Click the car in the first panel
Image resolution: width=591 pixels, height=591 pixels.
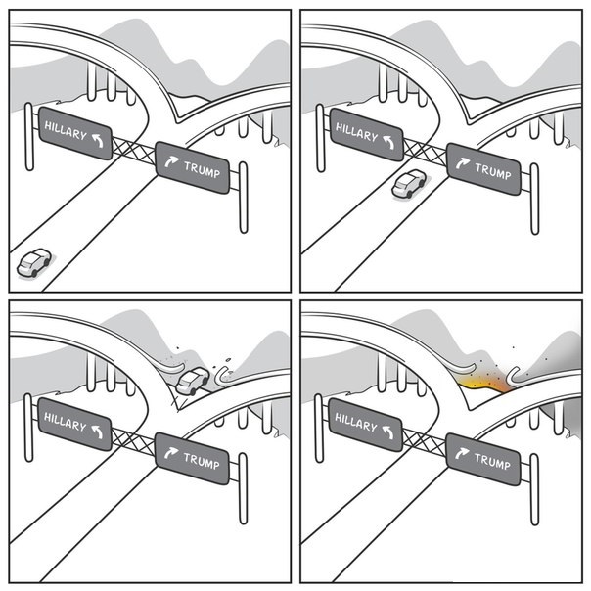click(x=34, y=262)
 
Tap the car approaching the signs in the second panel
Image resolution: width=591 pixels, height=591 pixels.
click(x=409, y=184)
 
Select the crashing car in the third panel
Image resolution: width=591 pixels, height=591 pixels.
click(x=193, y=381)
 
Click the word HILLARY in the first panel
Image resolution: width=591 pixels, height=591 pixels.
click(x=66, y=130)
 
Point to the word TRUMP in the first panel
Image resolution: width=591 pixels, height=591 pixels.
click(x=202, y=169)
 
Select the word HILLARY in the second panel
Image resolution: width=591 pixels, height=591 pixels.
click(x=356, y=132)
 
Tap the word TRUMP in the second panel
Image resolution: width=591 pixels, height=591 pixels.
click(x=493, y=171)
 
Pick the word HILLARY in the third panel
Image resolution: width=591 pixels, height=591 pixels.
click(x=66, y=422)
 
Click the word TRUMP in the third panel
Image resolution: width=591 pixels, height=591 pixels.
click(x=202, y=461)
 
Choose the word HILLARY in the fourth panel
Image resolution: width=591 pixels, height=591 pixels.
click(x=356, y=422)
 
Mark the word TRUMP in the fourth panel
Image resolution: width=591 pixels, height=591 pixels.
click(x=492, y=461)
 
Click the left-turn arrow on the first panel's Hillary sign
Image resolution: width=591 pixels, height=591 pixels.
click(x=98, y=140)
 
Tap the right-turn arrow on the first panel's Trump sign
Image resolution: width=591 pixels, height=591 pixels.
click(x=171, y=160)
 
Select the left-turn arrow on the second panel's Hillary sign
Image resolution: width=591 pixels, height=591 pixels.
click(x=389, y=142)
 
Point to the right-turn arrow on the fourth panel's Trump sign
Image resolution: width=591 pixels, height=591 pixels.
click(x=462, y=453)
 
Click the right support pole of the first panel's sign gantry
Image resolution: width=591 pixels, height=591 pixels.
click(x=244, y=198)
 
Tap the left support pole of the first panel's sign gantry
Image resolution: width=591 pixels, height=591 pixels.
click(x=29, y=136)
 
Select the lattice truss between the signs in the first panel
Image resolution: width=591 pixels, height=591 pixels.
click(x=134, y=150)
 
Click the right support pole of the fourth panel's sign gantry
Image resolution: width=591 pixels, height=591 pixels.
click(x=534, y=489)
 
